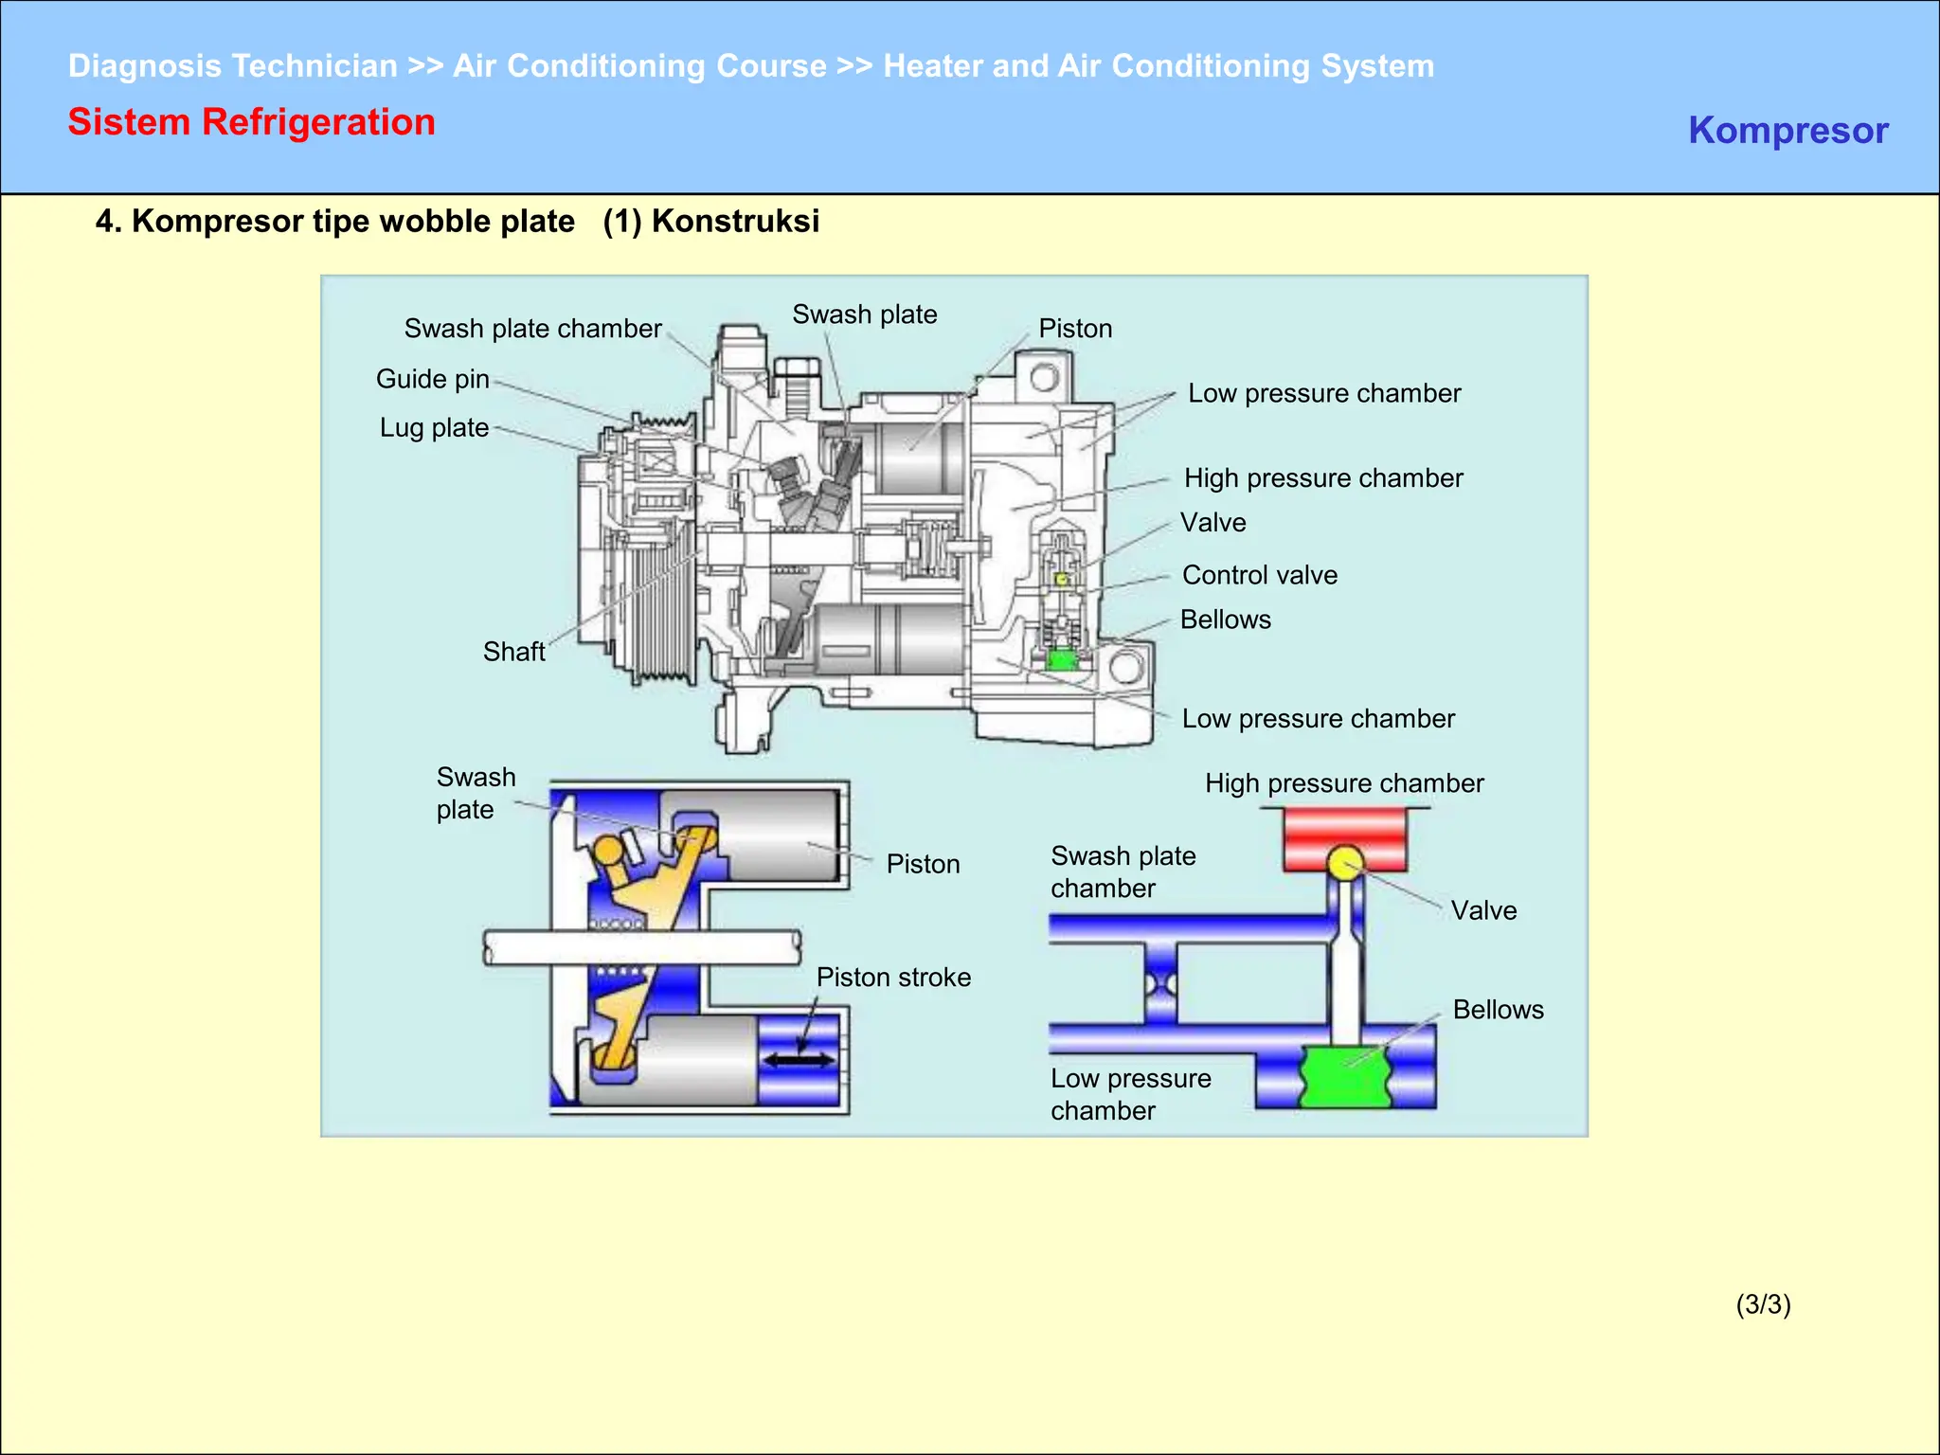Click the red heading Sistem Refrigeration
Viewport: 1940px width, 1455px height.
pos(251,122)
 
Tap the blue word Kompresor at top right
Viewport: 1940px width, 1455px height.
pos(1787,130)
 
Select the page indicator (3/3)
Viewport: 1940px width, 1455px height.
pos(1763,1304)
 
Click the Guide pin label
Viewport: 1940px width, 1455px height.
pos(433,379)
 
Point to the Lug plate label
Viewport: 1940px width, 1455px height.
pos(434,428)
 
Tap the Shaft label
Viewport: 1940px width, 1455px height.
pos(513,652)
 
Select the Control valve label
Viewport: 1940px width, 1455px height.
pos(1259,575)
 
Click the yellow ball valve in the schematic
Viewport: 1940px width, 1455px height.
pos(1345,863)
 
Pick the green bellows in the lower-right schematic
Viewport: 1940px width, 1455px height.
pos(1345,1076)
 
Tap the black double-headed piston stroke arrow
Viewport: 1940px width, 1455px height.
pos(800,1060)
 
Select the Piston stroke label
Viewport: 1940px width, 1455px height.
pos(893,978)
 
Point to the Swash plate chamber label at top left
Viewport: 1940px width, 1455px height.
pos(532,329)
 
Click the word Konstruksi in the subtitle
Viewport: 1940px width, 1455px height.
pos(735,221)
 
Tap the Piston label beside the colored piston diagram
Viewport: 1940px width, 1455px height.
pos(923,864)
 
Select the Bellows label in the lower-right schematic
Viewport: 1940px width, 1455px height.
pos(1498,1010)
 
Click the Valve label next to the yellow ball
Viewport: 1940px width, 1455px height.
pos(1483,910)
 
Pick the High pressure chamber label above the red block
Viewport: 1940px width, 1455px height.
pos(1343,783)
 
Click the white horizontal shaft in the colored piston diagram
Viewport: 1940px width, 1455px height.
pos(642,947)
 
